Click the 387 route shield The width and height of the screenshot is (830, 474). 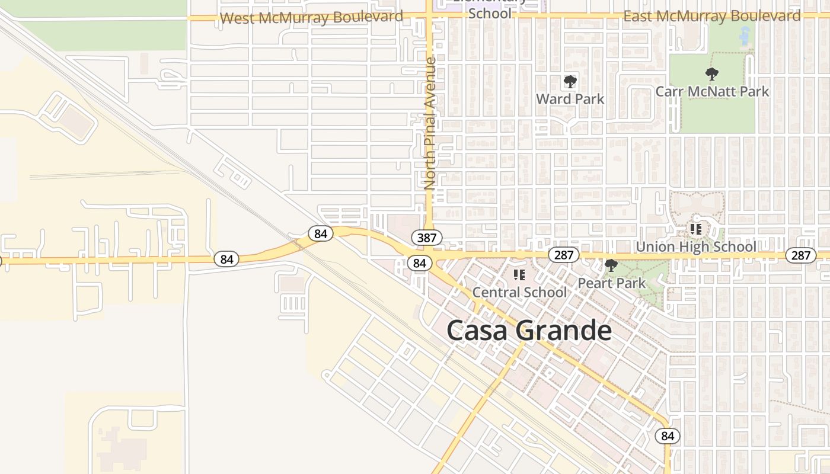click(x=426, y=238)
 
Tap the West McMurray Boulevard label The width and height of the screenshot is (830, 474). click(x=311, y=18)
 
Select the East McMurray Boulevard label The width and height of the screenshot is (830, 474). click(x=712, y=17)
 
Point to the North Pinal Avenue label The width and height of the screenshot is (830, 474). click(x=430, y=123)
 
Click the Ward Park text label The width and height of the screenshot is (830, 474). click(x=570, y=99)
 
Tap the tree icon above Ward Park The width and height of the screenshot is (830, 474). click(x=570, y=81)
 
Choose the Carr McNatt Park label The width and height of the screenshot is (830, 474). click(x=712, y=91)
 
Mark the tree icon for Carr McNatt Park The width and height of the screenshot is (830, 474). click(x=712, y=74)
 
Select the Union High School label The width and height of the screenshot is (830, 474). click(x=695, y=246)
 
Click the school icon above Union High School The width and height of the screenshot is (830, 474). click(x=695, y=229)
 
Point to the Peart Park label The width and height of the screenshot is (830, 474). click(x=611, y=283)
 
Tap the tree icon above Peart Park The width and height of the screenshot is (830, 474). click(x=611, y=265)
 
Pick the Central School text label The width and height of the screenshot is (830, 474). click(x=519, y=292)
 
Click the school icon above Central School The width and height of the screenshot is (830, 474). click(x=519, y=274)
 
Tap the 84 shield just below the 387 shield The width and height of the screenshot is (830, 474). click(x=420, y=263)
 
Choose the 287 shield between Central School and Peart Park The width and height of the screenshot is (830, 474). click(x=563, y=255)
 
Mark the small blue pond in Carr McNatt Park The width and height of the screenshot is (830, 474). click(x=745, y=37)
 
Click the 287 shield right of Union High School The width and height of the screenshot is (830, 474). click(x=800, y=255)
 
